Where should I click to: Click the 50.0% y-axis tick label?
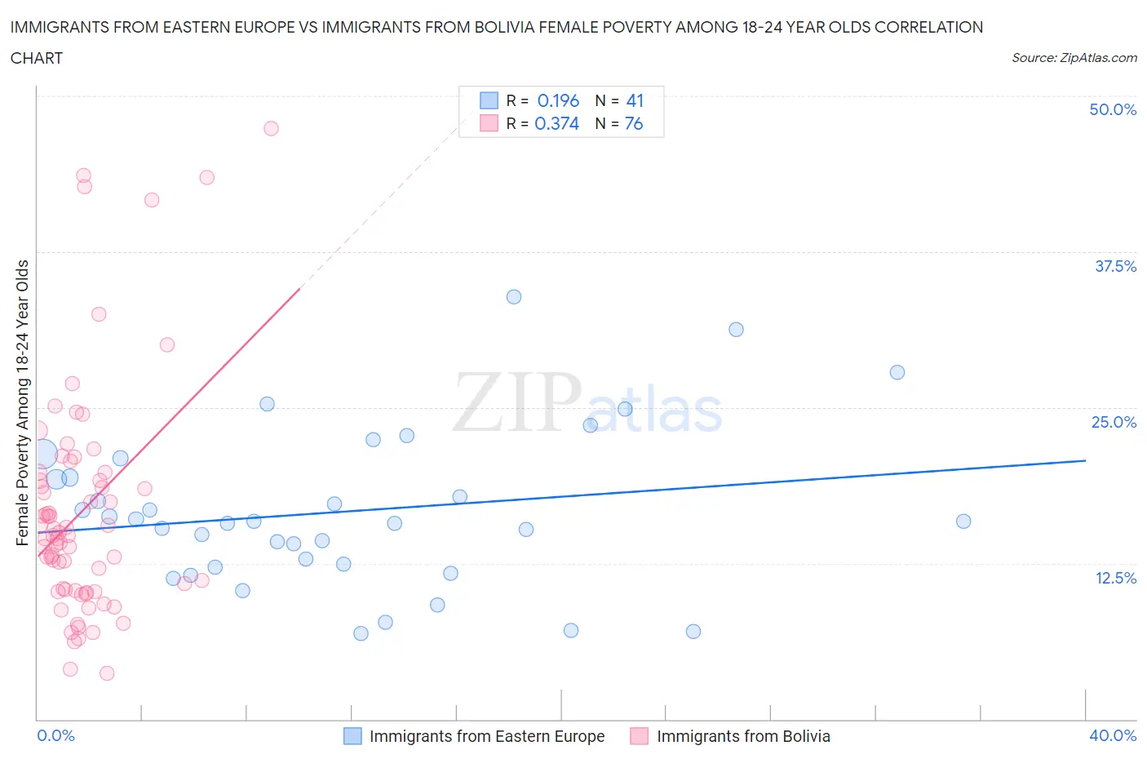coord(1113,109)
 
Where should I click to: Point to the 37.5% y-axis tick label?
coord(1115,266)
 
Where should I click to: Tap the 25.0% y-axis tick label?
coord(1114,422)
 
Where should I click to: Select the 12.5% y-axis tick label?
coord(1115,578)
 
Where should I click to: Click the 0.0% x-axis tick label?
coord(55,735)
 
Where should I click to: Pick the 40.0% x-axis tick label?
coord(1113,735)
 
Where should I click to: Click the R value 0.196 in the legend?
coord(558,100)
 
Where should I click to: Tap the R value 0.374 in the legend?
coord(556,123)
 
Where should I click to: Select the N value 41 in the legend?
coord(635,100)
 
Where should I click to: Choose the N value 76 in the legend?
coord(634,123)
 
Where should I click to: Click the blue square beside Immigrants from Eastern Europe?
coord(352,736)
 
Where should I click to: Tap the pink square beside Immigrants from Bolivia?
coord(640,736)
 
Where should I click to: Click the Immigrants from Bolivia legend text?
coord(743,736)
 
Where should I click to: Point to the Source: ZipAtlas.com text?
coord(1074,57)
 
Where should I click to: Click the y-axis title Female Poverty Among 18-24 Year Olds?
coord(23,402)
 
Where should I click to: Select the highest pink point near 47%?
coord(271,128)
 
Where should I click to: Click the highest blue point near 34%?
coord(514,297)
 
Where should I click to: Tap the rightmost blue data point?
coord(963,522)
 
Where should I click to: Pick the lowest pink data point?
coord(107,673)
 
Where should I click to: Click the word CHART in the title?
coord(37,58)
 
